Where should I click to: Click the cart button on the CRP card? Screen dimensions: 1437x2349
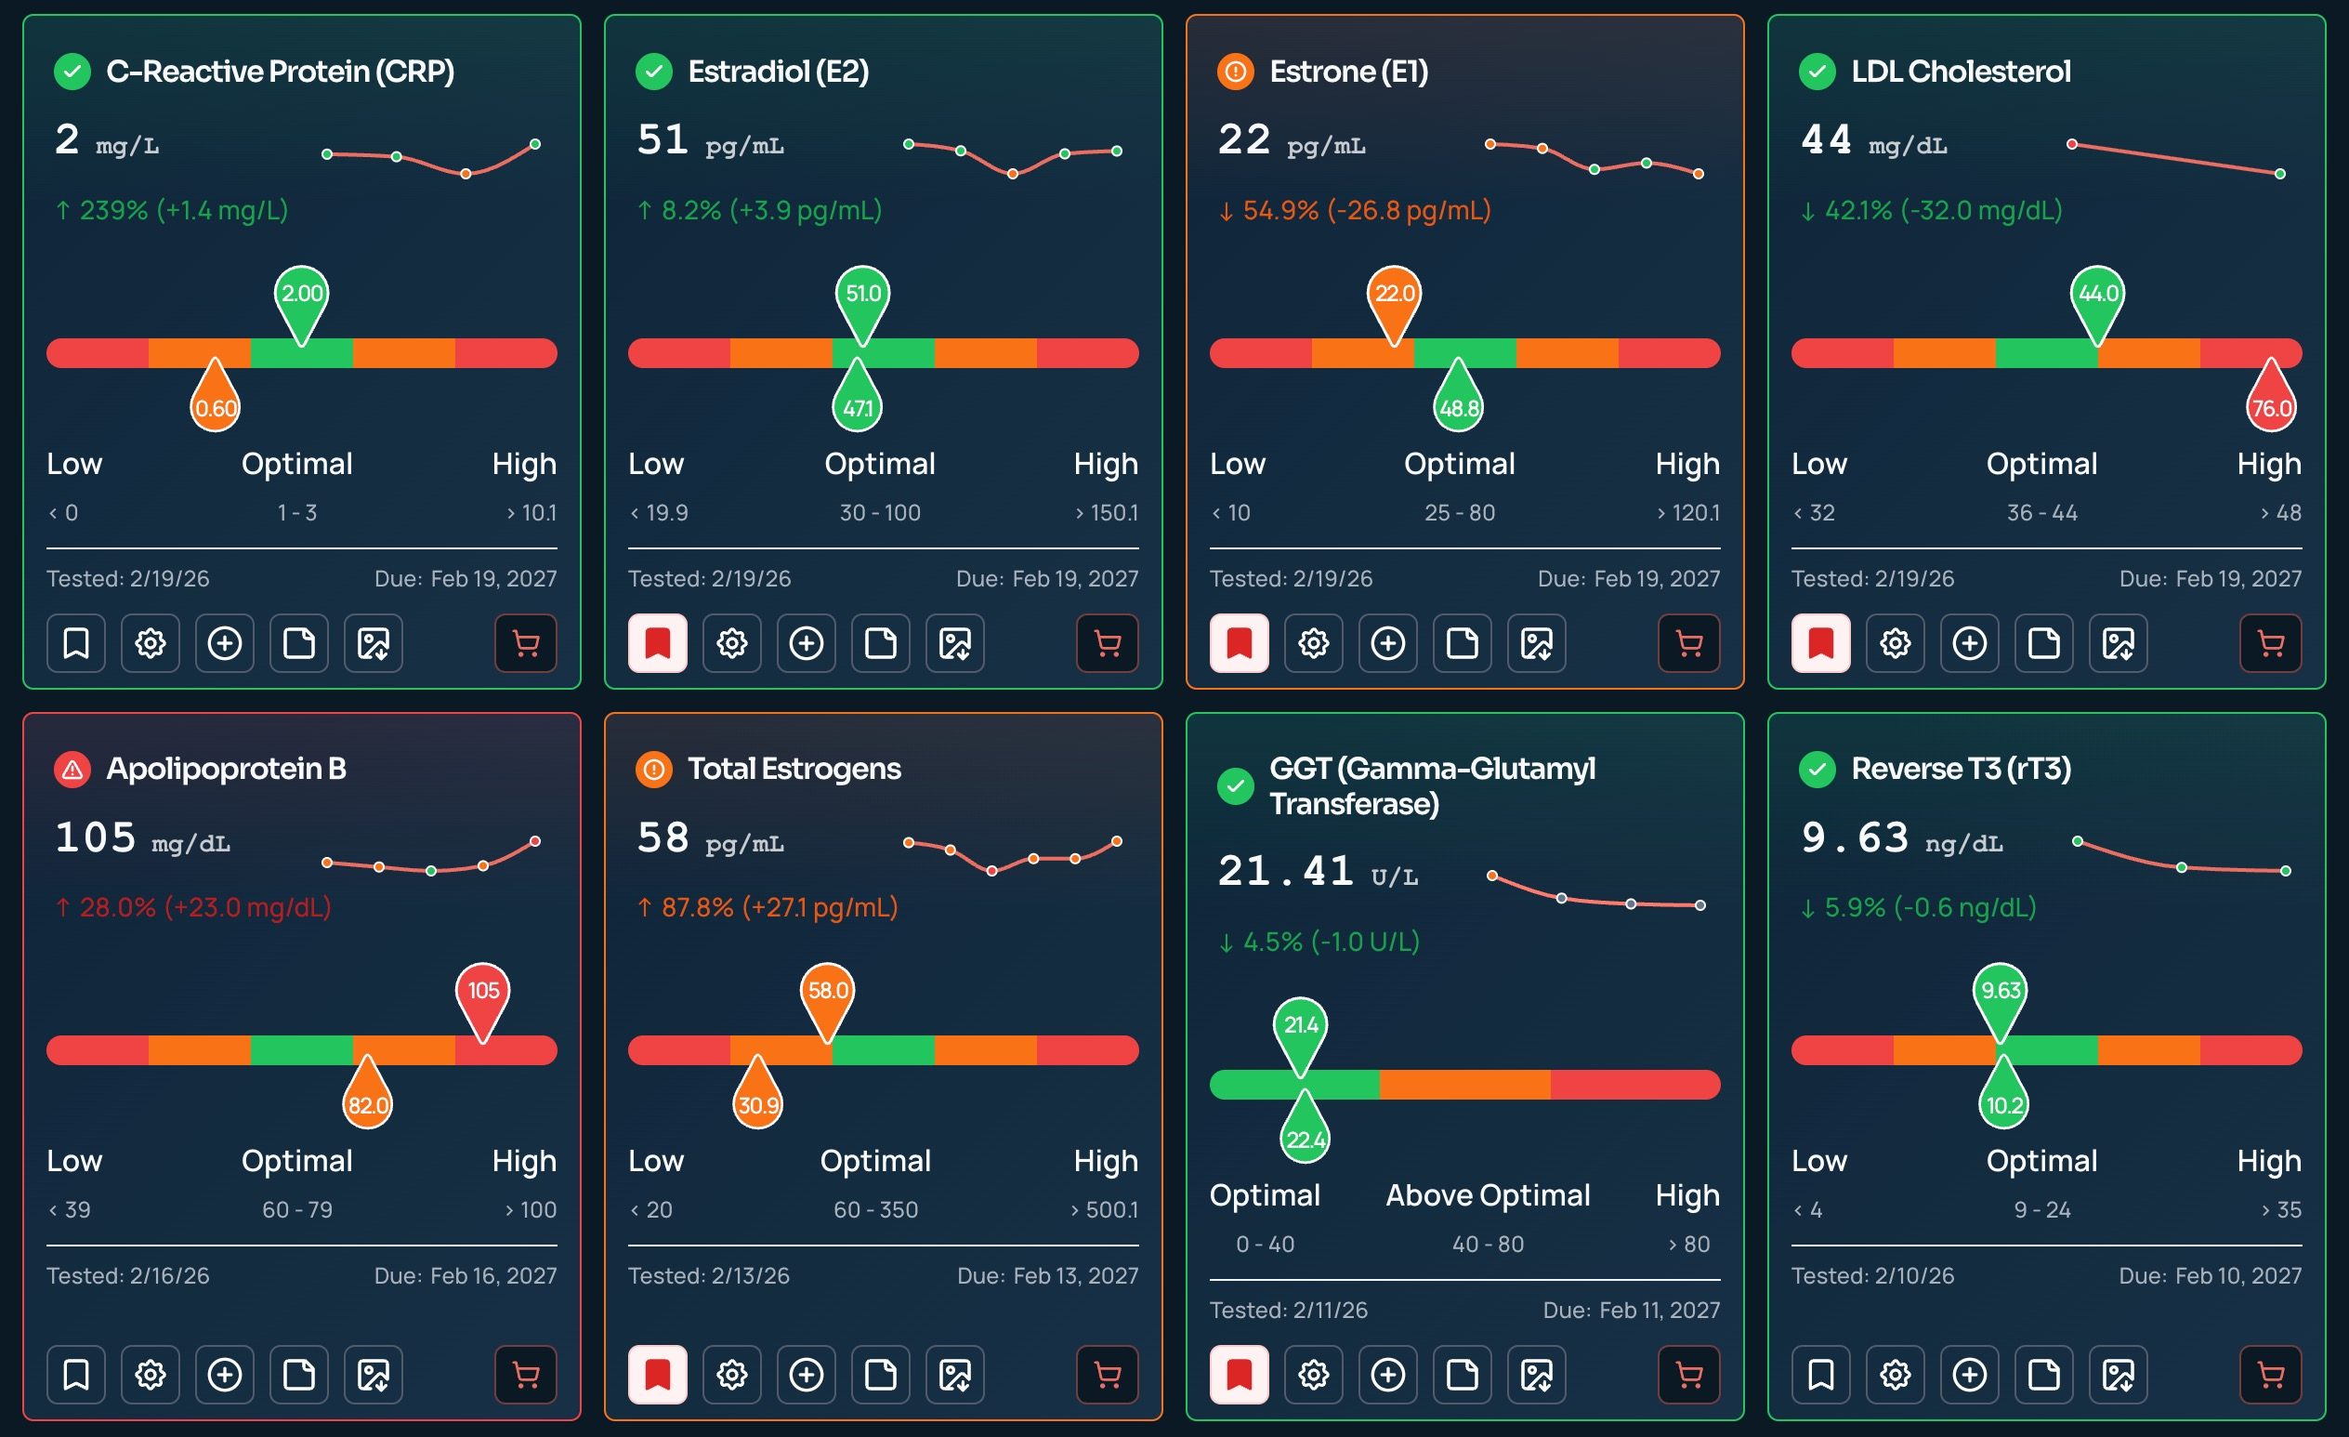[525, 643]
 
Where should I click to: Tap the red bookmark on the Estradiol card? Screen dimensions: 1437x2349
[658, 643]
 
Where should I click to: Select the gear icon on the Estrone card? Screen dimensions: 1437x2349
[1313, 643]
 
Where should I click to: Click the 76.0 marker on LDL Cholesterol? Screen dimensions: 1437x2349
[2271, 405]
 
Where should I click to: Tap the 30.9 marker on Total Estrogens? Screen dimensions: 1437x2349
[758, 1102]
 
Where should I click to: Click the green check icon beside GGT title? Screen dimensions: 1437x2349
[1236, 786]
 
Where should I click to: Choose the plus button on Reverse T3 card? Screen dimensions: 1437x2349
[1970, 1374]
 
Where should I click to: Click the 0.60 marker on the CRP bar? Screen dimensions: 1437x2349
[216, 405]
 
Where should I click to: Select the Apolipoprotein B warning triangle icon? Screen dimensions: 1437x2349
[72, 769]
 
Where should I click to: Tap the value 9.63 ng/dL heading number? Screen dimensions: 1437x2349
[1855, 838]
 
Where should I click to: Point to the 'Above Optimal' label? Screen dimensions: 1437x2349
[1488, 1194]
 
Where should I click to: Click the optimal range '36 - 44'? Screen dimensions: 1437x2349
[2041, 513]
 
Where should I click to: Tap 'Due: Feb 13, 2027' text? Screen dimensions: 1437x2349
[1047, 1276]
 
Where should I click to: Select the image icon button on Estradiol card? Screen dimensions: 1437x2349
[954, 643]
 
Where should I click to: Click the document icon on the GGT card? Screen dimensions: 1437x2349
[1462, 1374]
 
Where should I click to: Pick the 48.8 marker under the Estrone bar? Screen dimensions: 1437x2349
[1459, 405]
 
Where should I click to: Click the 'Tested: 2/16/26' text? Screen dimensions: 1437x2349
[127, 1276]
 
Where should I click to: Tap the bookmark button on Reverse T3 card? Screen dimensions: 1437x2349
[1820, 1374]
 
